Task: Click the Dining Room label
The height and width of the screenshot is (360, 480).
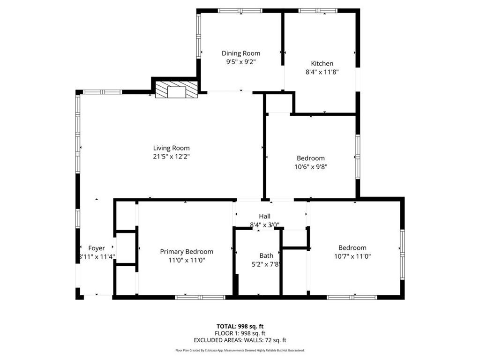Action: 241,53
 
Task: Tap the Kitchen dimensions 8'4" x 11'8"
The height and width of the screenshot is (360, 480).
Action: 322,72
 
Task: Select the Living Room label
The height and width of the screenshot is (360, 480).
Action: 171,148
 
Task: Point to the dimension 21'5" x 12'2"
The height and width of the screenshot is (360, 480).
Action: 171,157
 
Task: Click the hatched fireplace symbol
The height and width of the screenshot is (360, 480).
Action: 177,91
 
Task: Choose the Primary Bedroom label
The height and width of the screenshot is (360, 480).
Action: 187,252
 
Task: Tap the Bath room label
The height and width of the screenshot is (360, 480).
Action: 266,256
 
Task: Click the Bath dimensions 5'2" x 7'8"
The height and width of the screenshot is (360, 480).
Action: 266,264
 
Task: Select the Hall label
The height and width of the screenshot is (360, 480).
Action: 264,217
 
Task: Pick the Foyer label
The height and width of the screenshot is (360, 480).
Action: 97,248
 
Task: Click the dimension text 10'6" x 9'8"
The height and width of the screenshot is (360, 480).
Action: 310,166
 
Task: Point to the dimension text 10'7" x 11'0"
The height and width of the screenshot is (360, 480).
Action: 352,256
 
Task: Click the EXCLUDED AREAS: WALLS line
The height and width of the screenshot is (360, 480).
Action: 240,340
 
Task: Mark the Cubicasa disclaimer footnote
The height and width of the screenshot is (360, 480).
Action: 240,350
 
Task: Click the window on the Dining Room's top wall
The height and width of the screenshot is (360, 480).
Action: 240,11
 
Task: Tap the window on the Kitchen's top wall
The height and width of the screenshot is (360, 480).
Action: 318,11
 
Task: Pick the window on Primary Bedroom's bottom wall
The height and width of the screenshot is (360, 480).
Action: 200,297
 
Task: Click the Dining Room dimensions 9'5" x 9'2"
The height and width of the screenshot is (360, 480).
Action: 241,62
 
